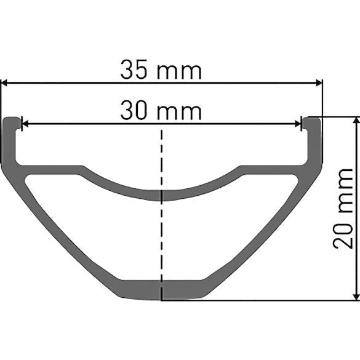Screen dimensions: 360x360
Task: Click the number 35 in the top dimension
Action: [x=134, y=70]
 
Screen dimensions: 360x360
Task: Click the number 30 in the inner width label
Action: [x=134, y=111]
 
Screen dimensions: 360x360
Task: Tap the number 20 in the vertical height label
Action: [x=343, y=234]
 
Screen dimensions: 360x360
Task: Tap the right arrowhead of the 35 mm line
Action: [x=318, y=82]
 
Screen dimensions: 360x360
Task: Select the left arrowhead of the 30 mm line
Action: [x=25, y=123]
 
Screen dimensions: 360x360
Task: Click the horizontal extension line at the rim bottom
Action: [x=258, y=301]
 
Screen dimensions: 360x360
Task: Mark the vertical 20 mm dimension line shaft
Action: [x=356, y=209]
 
